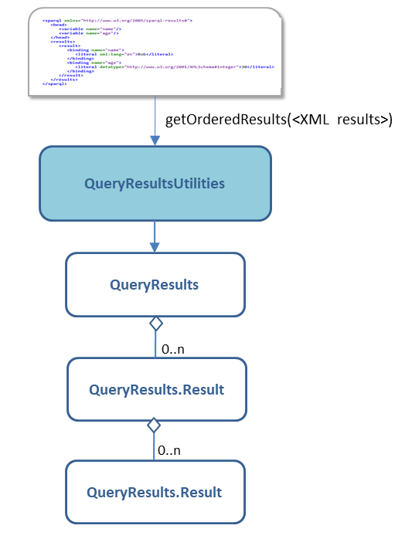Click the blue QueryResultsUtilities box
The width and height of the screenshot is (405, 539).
[155, 184]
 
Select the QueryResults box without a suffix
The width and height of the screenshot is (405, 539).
[155, 285]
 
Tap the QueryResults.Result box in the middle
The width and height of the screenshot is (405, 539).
[155, 389]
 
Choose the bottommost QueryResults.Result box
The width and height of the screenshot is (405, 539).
[155, 492]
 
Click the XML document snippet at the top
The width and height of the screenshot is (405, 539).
[155, 53]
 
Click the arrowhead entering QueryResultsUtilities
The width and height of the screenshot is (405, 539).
[155, 140]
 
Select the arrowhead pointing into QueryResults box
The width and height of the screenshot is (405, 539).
[155, 246]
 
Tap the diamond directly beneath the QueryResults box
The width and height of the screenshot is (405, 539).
[155, 324]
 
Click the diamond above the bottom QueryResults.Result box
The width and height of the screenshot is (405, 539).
[154, 425]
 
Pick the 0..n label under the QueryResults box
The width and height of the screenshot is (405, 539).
[173, 349]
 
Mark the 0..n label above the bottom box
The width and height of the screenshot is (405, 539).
[169, 449]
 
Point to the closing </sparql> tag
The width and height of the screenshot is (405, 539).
[55, 83]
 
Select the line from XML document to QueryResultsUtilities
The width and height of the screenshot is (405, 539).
[155, 116]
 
